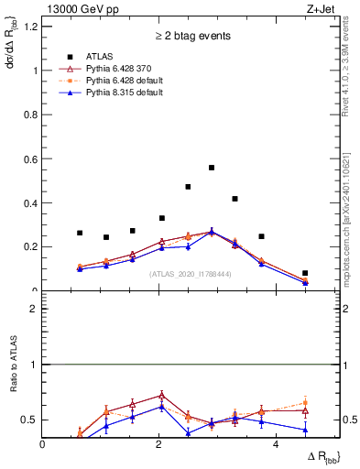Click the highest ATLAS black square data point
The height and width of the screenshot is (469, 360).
tap(212, 168)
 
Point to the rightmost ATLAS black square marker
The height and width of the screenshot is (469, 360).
tap(305, 273)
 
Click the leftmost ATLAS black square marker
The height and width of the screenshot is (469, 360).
tap(80, 233)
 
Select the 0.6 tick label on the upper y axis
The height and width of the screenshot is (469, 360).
tap(30, 158)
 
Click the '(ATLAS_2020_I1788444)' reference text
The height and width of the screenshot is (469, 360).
tap(190, 274)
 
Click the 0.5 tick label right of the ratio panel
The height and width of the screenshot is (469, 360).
tap(351, 420)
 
